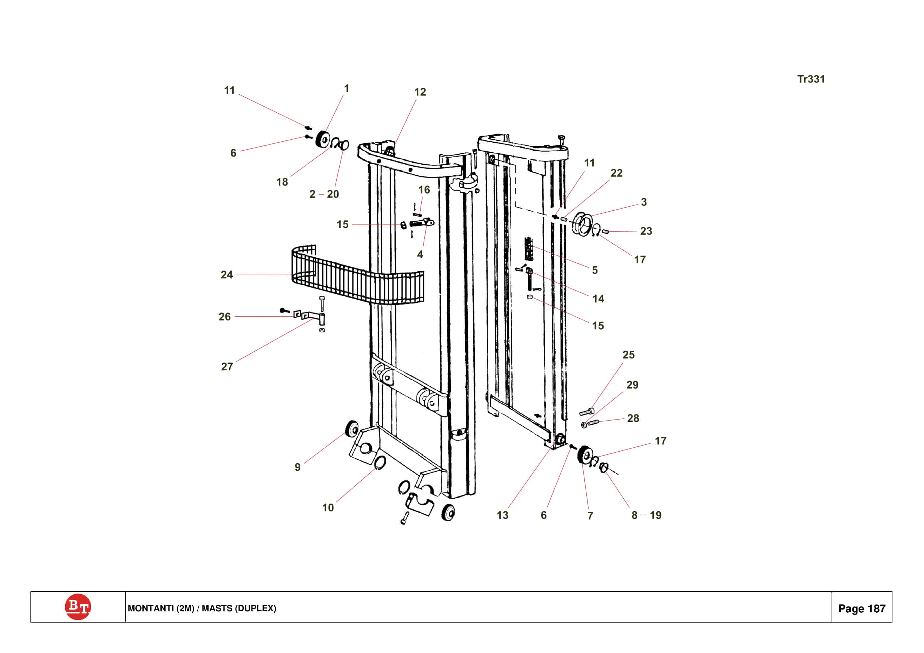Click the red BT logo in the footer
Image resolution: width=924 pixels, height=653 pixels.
click(78, 607)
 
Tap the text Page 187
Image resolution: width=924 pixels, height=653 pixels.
click(862, 608)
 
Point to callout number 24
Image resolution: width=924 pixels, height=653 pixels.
click(227, 275)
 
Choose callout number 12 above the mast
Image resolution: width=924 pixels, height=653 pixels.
click(420, 92)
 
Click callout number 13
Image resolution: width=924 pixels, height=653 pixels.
click(502, 515)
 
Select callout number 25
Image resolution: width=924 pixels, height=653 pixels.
click(628, 355)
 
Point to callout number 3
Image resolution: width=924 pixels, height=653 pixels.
click(644, 202)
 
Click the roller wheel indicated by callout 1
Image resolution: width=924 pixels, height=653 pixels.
click(323, 139)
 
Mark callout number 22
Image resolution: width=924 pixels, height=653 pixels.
click(616, 173)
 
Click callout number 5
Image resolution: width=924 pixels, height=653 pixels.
click(595, 270)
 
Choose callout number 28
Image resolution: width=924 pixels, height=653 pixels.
click(633, 418)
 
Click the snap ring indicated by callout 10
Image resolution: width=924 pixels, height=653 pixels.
click(380, 463)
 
